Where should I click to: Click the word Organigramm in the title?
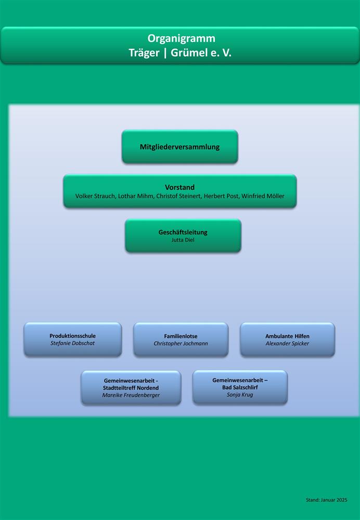tap(182, 38)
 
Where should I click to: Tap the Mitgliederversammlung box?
tap(180, 147)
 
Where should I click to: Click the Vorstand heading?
tap(180, 187)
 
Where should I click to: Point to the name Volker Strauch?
tap(95, 196)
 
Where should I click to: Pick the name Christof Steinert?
tap(178, 196)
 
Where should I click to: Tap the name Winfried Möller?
tap(263, 196)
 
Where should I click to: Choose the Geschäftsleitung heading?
tap(183, 232)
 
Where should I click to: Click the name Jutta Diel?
tap(183, 240)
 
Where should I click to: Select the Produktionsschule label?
tap(73, 336)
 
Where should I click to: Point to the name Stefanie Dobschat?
tap(73, 343)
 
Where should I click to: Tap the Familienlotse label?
tap(181, 336)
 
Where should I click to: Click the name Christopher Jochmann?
tap(181, 344)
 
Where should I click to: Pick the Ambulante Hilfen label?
tap(287, 336)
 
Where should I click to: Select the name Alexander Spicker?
tap(287, 344)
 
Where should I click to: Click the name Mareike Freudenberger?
tap(131, 395)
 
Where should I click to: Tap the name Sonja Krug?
tap(240, 395)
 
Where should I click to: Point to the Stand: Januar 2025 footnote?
tap(327, 500)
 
